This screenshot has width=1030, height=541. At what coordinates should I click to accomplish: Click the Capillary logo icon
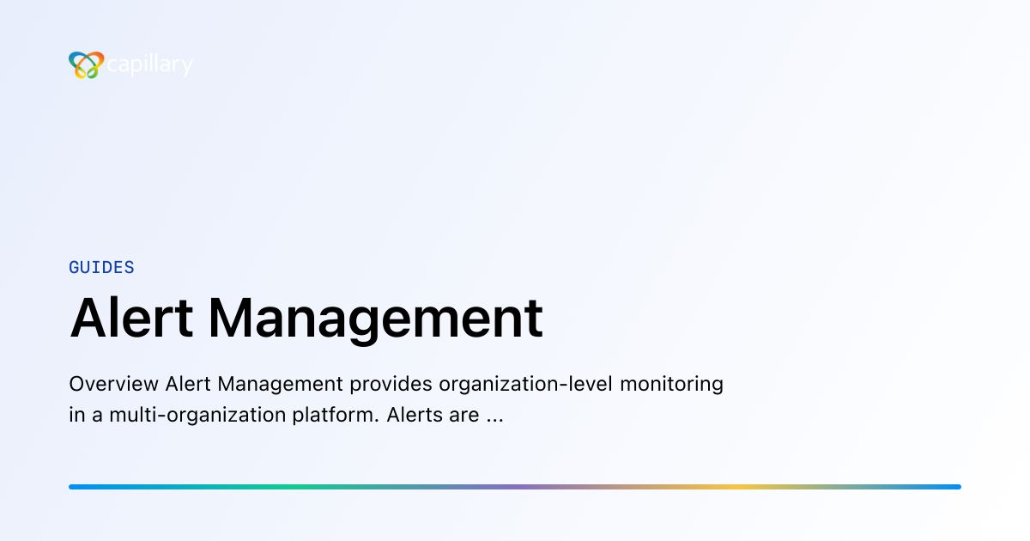86,65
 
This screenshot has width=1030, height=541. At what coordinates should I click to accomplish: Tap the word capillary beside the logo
150,65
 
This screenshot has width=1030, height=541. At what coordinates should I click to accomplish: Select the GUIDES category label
101,267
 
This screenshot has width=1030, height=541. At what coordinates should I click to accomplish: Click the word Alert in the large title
129,318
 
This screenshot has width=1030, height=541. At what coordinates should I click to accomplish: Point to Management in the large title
375,318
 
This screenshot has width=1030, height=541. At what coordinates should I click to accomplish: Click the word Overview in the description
113,384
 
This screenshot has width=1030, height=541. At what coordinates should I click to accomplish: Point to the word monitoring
672,384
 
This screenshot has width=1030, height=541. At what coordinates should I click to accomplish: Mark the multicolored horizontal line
515,487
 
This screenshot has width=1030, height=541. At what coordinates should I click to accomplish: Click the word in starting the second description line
77,416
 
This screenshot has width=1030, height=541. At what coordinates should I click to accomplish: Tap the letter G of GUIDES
75,267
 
